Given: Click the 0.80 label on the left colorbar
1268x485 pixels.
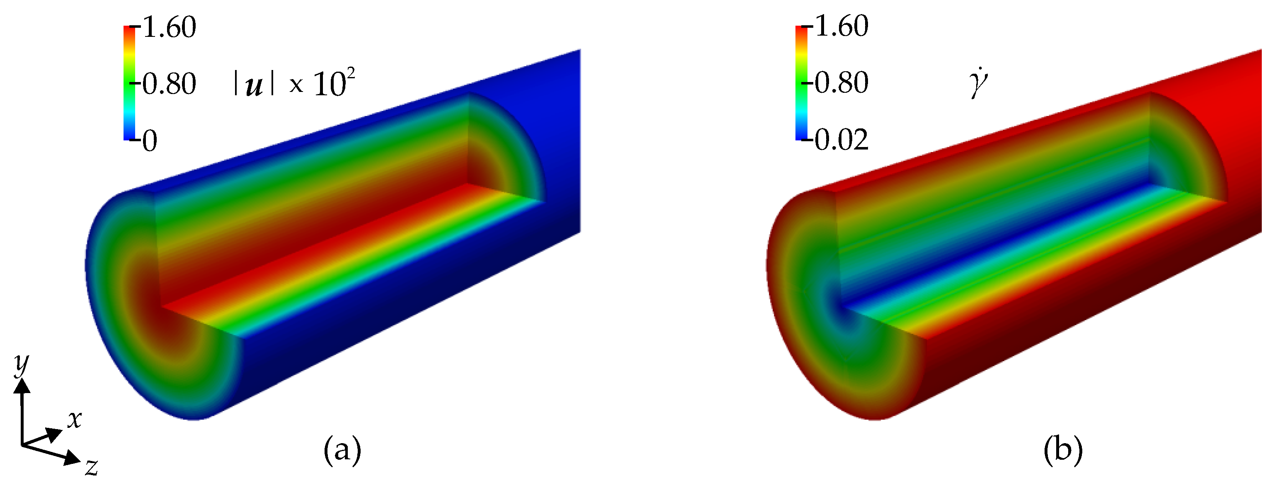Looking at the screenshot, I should pos(169,84).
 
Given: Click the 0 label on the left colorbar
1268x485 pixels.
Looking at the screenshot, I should pos(150,141).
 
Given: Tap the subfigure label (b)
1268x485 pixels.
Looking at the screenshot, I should pos(1063,449).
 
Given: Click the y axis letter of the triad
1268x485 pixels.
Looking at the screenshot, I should pos(21,364).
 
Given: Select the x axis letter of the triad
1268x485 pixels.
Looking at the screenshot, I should pos(74,419).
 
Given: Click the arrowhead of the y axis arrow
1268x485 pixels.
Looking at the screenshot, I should pos(22,386).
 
